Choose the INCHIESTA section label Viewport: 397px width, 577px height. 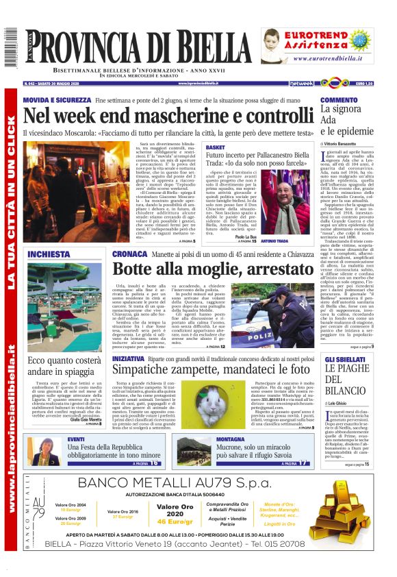point(49,254)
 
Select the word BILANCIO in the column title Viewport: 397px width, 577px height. point(350,390)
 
